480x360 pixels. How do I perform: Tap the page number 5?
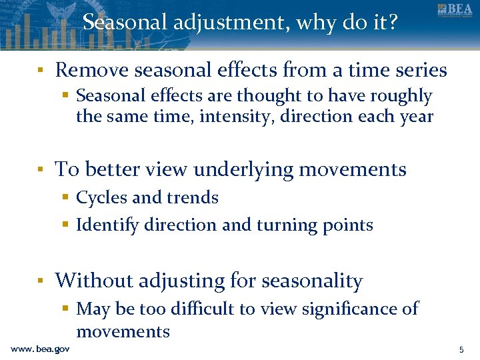pos(461,349)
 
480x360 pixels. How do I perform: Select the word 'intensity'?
pos(227,117)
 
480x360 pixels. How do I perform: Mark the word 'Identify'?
pos(107,225)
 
